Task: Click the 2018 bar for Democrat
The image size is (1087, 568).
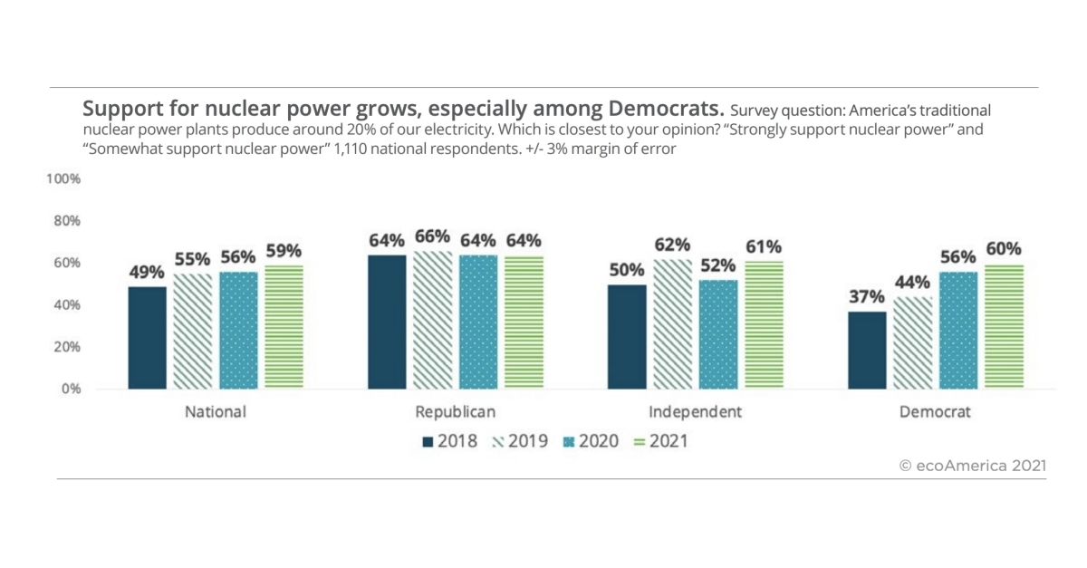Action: tap(865, 350)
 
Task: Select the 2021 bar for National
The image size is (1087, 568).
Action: tap(284, 327)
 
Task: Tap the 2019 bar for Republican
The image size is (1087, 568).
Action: tap(433, 320)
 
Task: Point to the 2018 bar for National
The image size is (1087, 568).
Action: tap(147, 338)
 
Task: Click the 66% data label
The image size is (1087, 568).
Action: tap(433, 236)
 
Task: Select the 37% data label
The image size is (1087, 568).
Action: tap(865, 297)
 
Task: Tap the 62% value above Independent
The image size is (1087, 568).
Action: tap(670, 245)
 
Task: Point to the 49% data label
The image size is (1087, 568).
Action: tap(147, 272)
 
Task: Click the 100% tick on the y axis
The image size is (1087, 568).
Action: tap(63, 179)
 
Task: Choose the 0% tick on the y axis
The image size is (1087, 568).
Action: tap(71, 390)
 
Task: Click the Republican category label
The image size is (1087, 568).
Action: tap(455, 411)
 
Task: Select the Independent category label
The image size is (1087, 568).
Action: tap(695, 411)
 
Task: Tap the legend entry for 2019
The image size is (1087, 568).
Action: tap(520, 441)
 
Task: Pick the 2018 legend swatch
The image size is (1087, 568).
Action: tap(428, 442)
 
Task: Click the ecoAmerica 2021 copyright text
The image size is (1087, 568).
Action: tap(973, 465)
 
